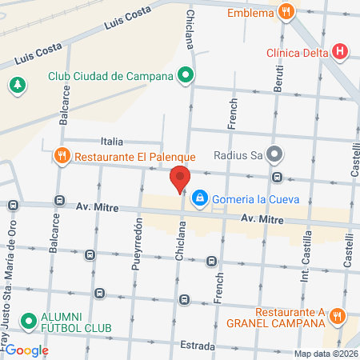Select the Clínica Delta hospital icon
tap(341, 54)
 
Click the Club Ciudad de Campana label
tap(110, 77)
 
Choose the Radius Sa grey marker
tap(274, 154)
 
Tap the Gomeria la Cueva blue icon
tap(200, 197)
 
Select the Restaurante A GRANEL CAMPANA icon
tap(339, 317)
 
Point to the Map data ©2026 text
tap(325, 354)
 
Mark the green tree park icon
tap(17, 83)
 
